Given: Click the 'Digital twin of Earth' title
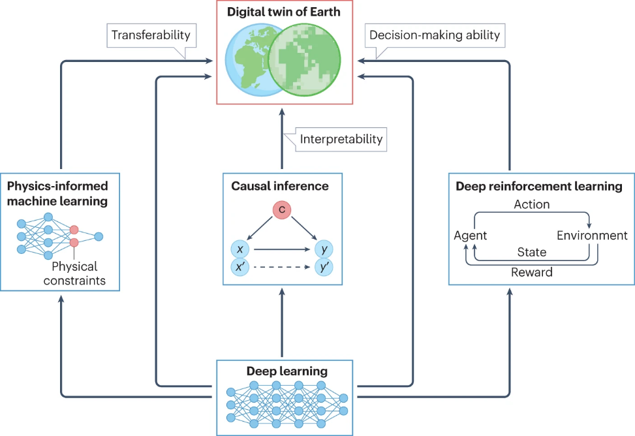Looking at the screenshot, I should pos(284,11).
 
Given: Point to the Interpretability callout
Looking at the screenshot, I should pos(341,139).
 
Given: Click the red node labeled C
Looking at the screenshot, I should pos(282,210).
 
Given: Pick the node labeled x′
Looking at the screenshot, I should pos(240,267).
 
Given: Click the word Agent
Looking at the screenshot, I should pos(471,235).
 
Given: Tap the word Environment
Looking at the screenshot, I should pos(592,235).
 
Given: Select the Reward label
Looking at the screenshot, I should pos(532,272).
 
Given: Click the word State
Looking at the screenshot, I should pos(531,252).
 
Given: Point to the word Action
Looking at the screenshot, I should pos(532,204).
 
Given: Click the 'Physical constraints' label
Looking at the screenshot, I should pos(74,274).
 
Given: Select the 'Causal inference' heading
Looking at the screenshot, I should pos(280,186).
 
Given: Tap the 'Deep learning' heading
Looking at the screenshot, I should pos(287,371).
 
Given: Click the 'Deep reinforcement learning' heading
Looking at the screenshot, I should pos(538,187).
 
